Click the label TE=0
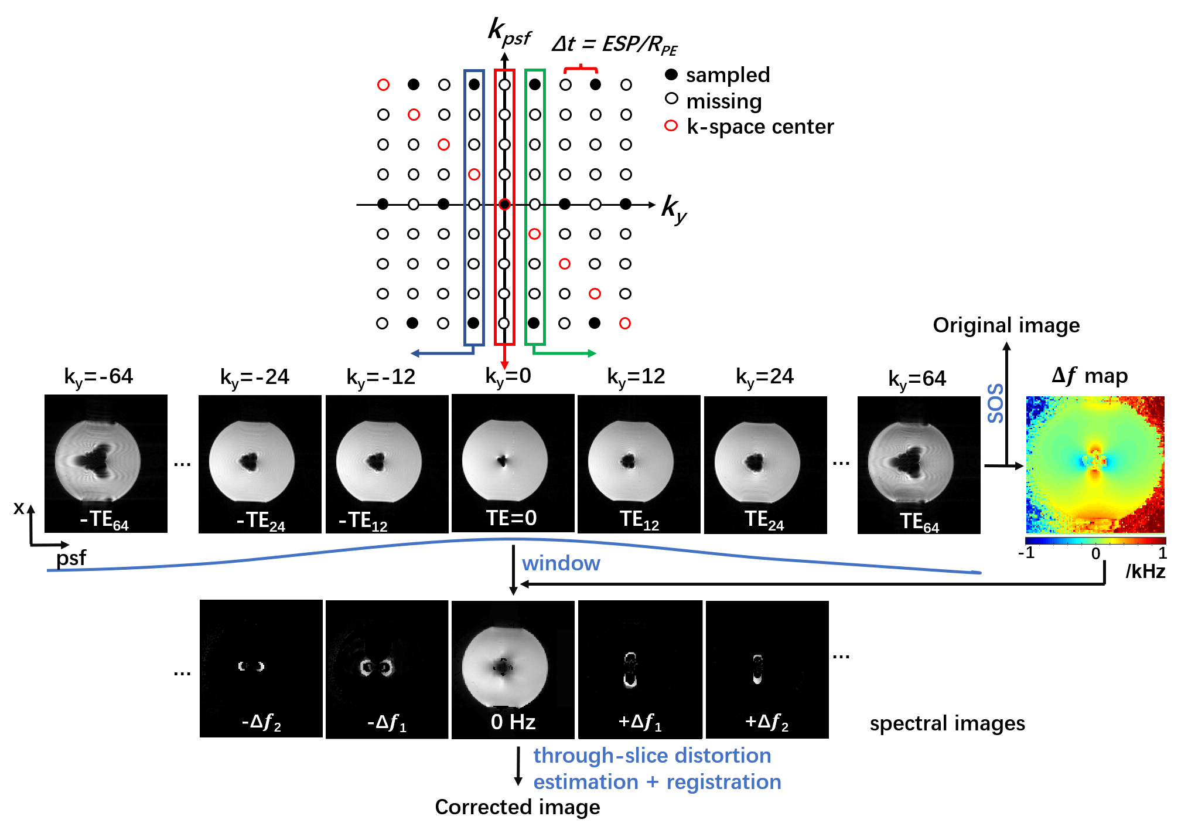[511, 518]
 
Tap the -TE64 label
[104, 521]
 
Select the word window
[561, 563]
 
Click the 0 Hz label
[513, 722]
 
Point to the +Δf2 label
[766, 722]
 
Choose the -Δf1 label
[387, 722]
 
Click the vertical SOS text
[995, 403]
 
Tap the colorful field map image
[1095, 464]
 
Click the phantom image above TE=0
[504, 461]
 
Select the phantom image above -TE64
[98, 461]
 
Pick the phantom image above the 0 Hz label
[504, 667]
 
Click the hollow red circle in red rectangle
[504, 204]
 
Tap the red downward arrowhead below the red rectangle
[504, 366]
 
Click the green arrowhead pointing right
[592, 353]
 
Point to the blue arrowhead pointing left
[415, 353]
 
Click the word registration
[723, 782]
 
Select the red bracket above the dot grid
[581, 69]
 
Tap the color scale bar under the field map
[1095, 541]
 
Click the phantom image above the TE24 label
[757, 462]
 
